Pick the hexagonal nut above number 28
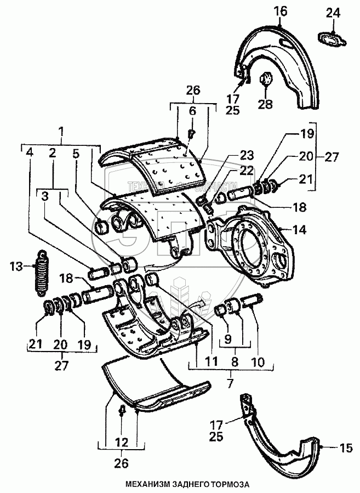coord(265,80)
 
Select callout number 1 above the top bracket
coord(61,131)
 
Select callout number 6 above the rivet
coord(192,111)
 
